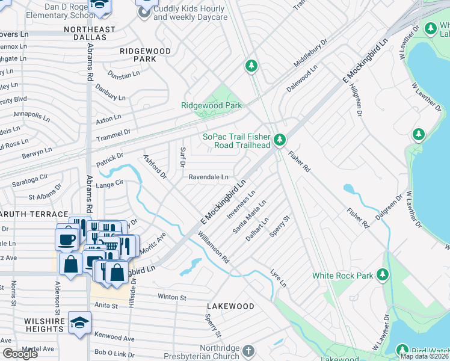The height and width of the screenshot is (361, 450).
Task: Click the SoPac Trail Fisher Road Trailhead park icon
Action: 279,140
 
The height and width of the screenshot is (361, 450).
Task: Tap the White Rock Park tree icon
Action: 382,276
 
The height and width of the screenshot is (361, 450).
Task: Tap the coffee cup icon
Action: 66,239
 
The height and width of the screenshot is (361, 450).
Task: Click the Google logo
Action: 19,354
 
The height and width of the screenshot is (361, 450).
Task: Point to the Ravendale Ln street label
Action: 209,177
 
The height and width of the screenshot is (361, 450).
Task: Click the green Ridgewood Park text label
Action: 212,105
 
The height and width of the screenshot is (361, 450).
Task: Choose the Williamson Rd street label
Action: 214,248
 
